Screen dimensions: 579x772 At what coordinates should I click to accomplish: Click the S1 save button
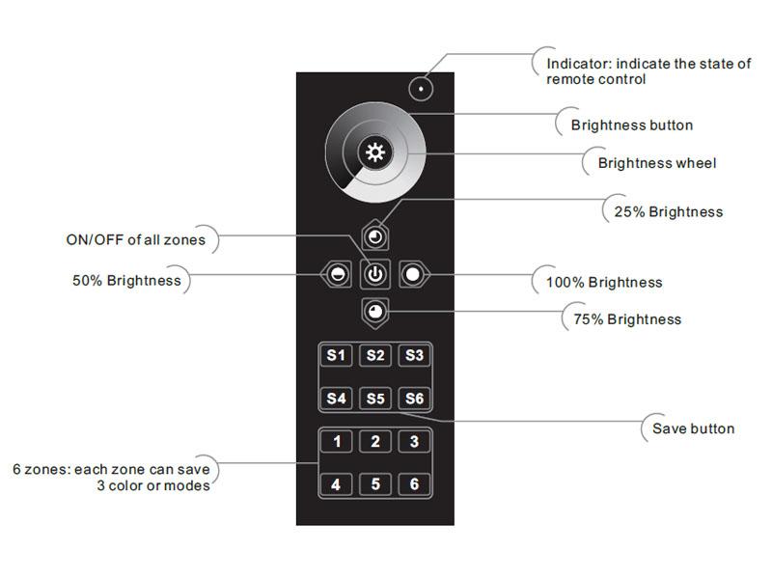click(336, 356)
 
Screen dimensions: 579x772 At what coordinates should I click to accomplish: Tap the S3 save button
click(414, 356)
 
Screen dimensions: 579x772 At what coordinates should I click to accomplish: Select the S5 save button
click(375, 398)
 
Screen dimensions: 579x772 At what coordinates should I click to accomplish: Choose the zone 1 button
click(336, 442)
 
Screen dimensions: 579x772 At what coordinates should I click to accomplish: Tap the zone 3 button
click(414, 442)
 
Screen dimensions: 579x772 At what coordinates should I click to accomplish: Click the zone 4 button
click(336, 484)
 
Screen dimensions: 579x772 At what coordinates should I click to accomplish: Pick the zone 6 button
click(414, 484)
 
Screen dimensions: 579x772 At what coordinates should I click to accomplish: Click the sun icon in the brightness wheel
click(374, 152)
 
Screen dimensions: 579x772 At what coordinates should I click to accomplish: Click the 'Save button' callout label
click(693, 428)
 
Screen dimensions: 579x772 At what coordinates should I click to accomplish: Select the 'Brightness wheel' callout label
click(656, 163)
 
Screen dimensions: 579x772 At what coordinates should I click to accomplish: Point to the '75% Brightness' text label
click(626, 319)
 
